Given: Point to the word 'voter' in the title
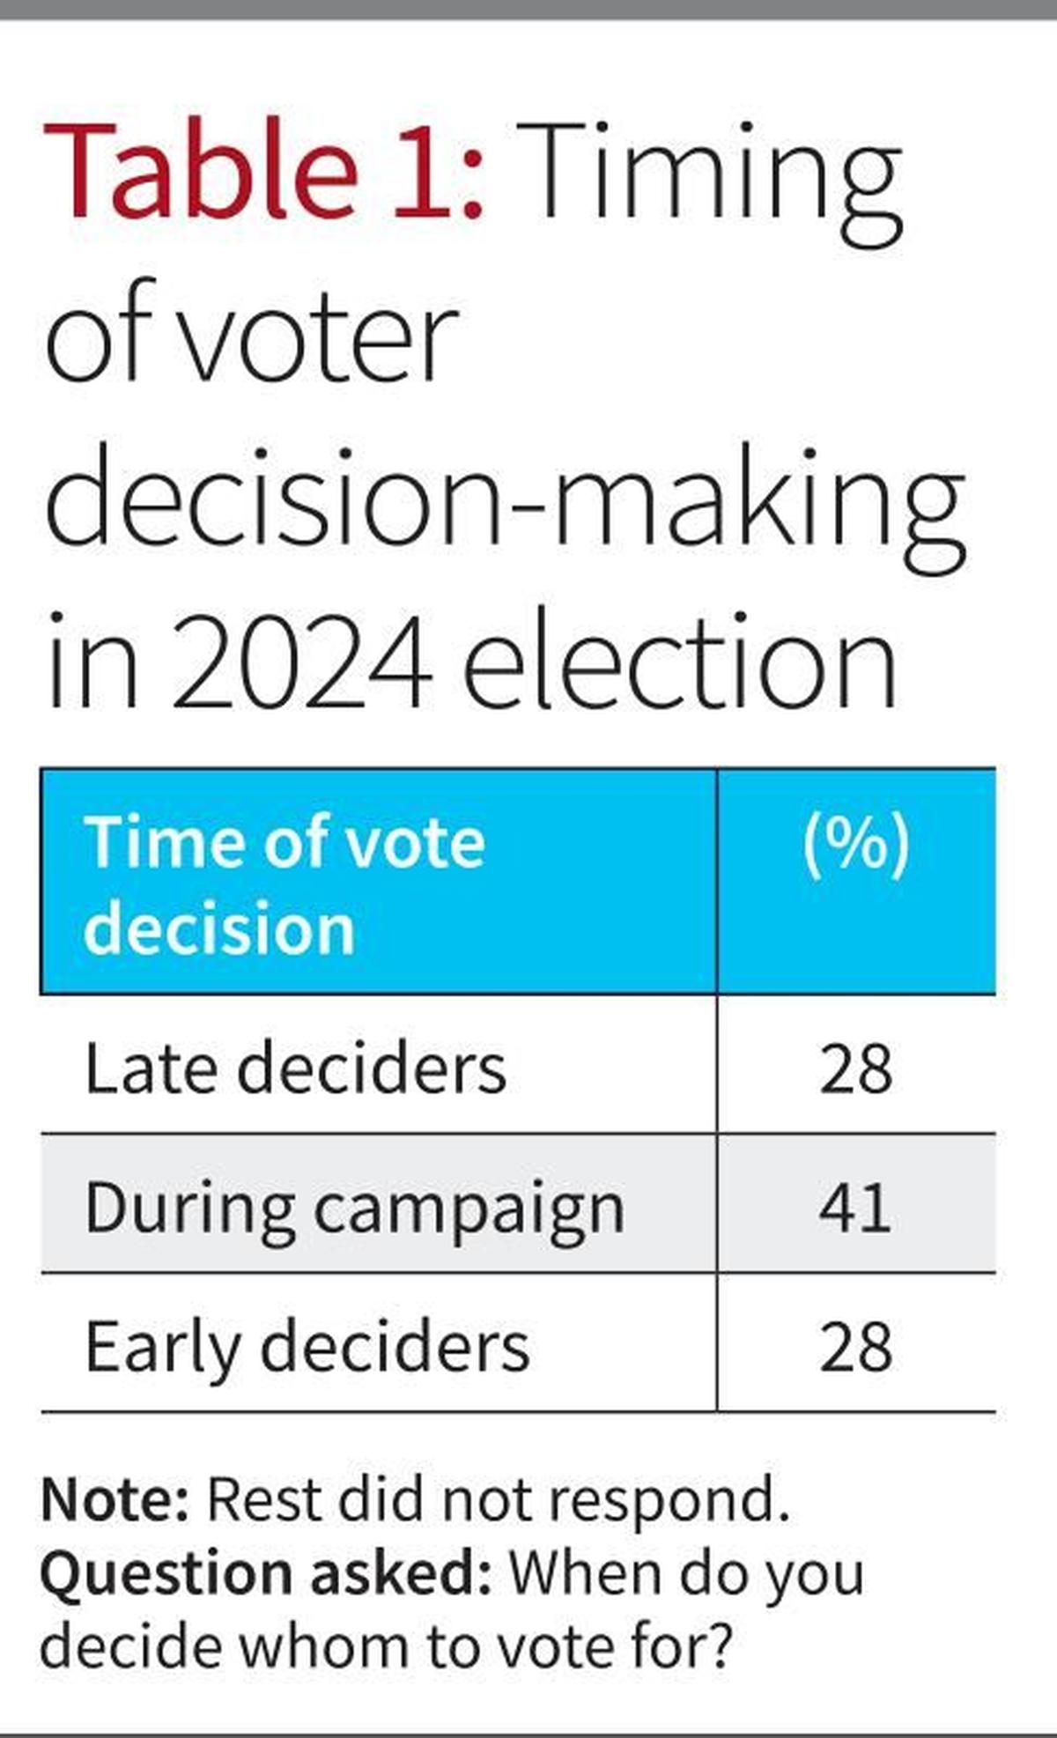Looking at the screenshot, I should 322,335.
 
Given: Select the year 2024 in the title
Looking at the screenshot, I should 301,661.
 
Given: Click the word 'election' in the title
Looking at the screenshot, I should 678,661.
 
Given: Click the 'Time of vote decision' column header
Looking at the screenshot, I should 284,884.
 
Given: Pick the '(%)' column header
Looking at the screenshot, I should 855,843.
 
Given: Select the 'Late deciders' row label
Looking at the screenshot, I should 295,1069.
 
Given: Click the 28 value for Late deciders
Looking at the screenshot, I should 855,1069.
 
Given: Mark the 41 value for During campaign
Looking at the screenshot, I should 855,1208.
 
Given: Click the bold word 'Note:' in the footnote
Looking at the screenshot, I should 115,1499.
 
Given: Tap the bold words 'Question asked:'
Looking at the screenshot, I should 265,1573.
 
